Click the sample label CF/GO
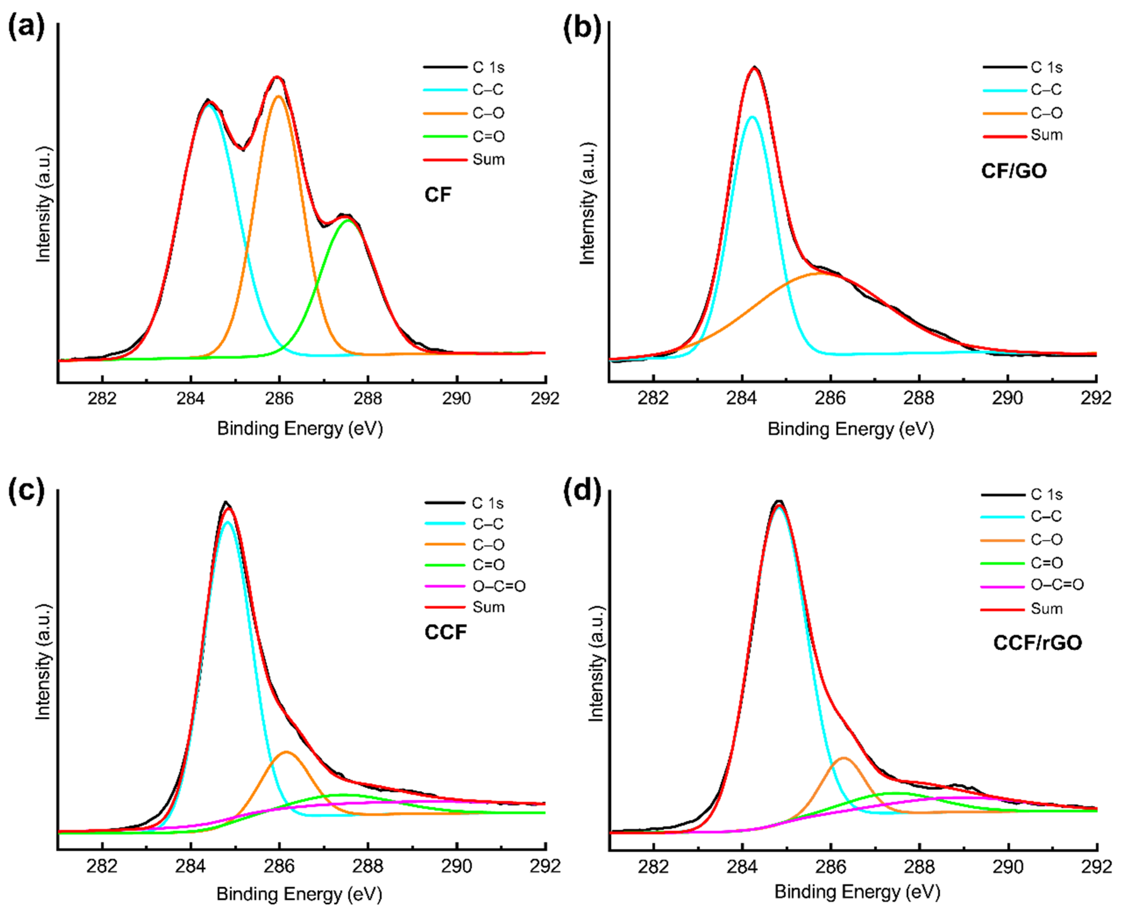[x=1013, y=171]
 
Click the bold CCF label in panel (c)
[x=445, y=632]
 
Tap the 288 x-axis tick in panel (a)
[x=368, y=399]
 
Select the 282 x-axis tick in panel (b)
[x=653, y=399]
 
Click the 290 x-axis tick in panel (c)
[x=456, y=866]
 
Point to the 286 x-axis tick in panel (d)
[x=831, y=866]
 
